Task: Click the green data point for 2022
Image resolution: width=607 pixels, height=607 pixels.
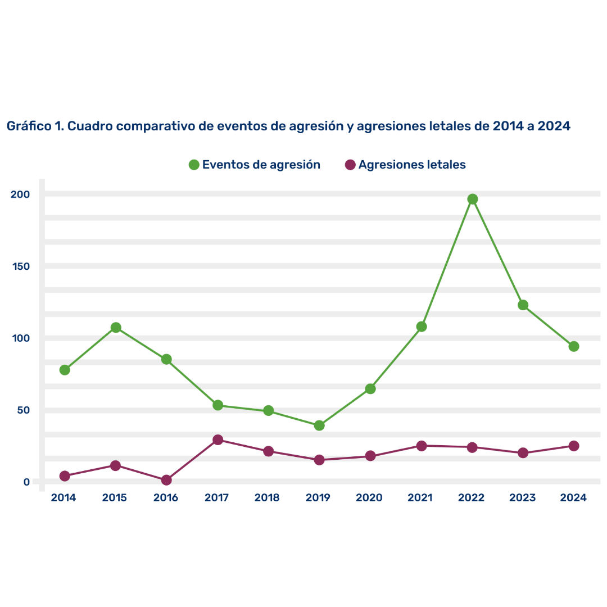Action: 472,199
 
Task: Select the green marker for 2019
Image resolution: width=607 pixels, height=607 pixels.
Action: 319,425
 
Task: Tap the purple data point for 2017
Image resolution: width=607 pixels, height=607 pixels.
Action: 218,440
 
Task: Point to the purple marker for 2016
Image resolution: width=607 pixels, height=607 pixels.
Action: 166,480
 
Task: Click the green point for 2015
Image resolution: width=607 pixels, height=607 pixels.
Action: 116,328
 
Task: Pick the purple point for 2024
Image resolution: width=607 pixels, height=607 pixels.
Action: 573,446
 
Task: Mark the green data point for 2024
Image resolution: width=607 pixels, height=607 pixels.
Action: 573,346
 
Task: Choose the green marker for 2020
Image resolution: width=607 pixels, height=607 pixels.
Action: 370,388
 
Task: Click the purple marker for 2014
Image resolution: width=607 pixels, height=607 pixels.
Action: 65,476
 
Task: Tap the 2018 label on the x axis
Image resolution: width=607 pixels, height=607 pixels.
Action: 267,498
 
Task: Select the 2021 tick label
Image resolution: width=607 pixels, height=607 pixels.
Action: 420,498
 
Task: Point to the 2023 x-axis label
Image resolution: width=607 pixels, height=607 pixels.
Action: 522,498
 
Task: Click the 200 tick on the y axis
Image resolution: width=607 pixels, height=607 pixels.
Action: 20,194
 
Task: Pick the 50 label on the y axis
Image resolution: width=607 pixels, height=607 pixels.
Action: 23,410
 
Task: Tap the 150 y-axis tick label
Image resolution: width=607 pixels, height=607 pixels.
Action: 21,266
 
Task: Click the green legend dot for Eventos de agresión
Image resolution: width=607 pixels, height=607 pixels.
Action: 194,165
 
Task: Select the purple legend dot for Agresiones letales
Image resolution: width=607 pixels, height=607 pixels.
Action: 350,165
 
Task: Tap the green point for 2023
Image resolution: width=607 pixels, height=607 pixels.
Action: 523,305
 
